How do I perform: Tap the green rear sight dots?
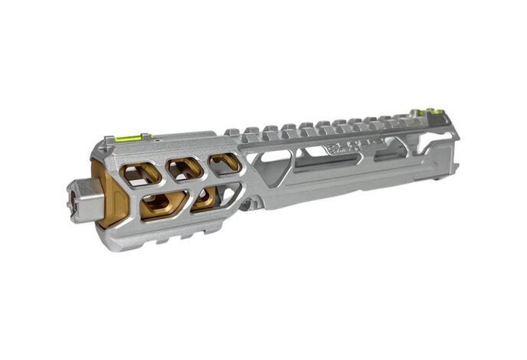(434, 113)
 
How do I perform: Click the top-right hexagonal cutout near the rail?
(225, 162)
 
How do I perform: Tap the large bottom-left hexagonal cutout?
(163, 205)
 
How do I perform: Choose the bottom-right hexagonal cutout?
(205, 198)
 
